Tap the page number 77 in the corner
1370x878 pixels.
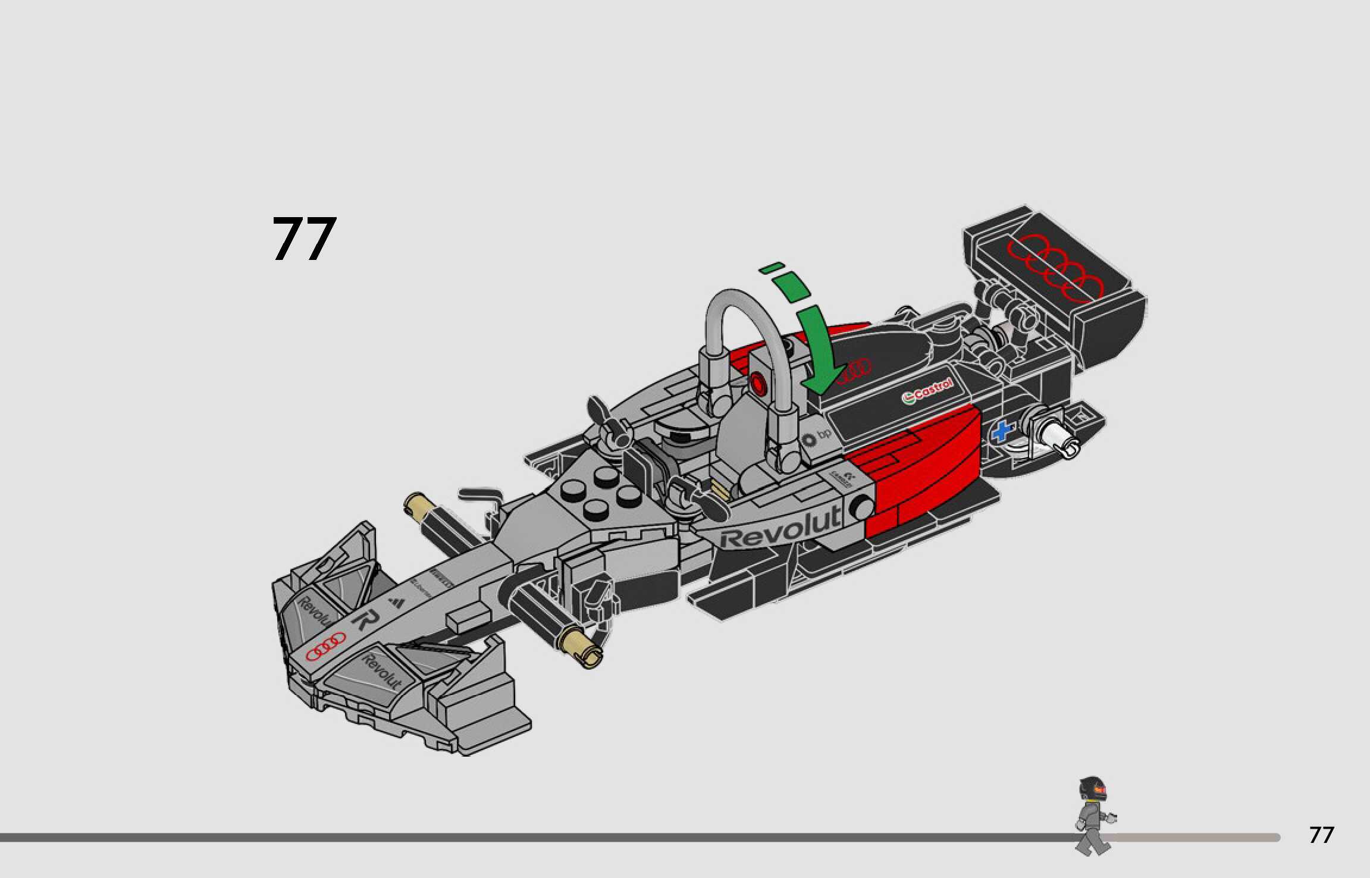1321,835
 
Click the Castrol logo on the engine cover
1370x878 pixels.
927,390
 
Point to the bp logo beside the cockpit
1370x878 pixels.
816,438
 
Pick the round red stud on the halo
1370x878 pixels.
758,384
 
